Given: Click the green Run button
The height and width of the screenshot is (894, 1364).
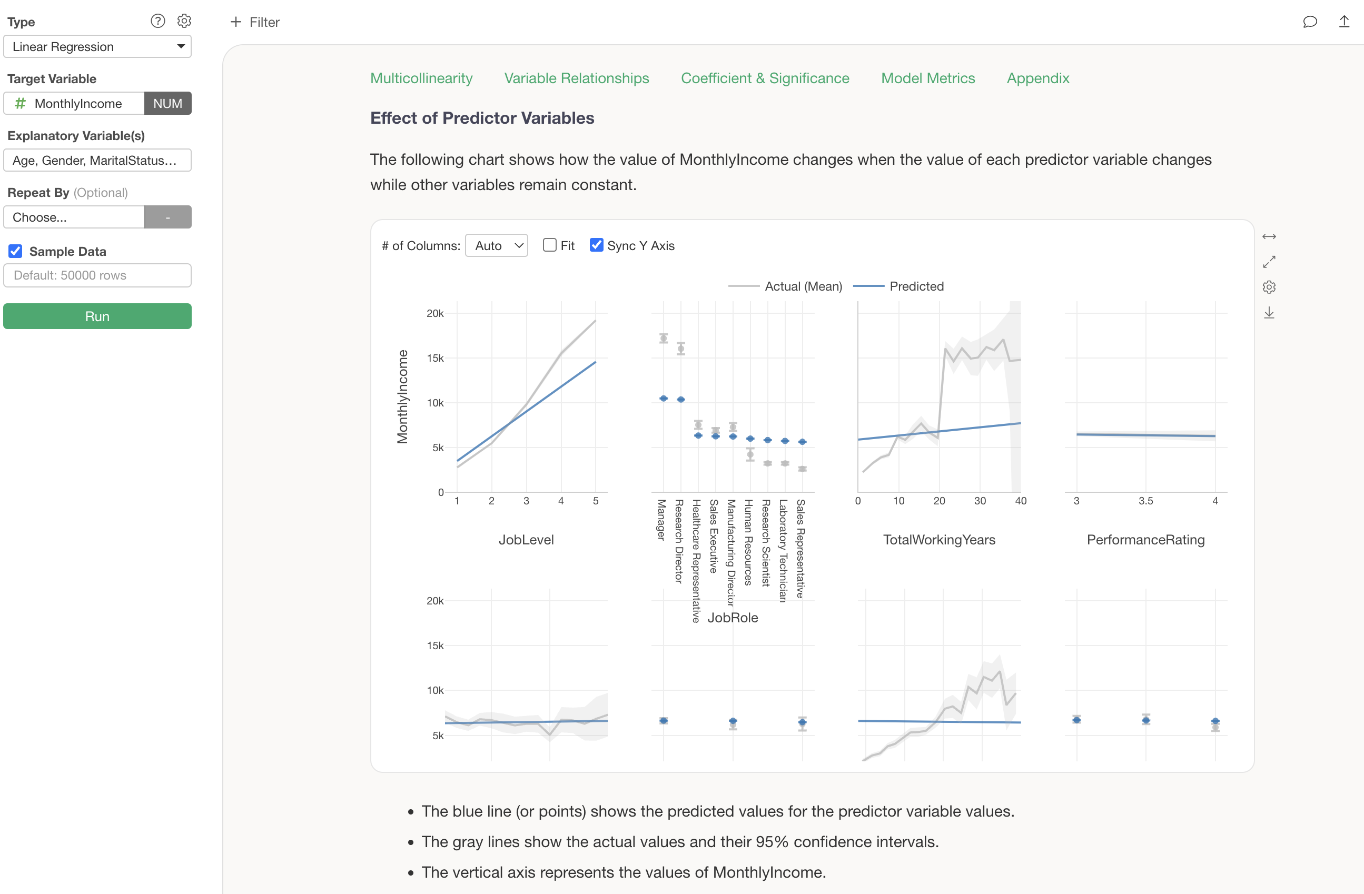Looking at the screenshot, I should [97, 316].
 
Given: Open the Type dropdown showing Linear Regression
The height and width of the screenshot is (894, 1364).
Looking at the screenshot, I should [97, 46].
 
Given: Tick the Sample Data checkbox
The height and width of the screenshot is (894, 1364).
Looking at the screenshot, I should [15, 251].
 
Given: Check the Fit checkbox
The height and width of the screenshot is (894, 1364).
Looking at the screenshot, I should [550, 245].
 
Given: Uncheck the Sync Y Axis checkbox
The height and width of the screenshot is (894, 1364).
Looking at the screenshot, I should [596, 245].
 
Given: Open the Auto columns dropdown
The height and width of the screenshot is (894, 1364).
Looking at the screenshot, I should [496, 245].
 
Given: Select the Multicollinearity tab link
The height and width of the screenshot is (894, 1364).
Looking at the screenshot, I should [421, 78].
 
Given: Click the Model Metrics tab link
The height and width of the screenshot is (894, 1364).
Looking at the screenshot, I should [928, 78].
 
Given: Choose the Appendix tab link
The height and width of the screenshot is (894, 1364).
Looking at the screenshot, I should [1038, 78].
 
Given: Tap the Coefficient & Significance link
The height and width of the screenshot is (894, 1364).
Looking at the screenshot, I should [765, 78].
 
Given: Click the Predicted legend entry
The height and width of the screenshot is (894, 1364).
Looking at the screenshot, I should [916, 286].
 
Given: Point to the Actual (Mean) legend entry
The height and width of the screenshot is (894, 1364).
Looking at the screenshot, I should [803, 286].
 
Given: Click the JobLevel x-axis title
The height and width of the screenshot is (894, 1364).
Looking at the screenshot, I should [526, 540].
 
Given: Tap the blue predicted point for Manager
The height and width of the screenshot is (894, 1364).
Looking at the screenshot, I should [664, 398].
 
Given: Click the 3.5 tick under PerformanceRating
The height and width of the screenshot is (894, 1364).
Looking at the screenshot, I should [1145, 501].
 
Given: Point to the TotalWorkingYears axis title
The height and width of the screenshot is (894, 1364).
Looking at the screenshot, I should [939, 540].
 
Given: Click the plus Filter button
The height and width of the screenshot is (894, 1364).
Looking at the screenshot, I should [254, 22].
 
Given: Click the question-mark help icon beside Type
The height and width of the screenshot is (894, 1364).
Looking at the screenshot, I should [157, 21].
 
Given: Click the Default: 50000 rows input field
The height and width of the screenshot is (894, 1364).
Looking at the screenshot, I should [97, 275].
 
